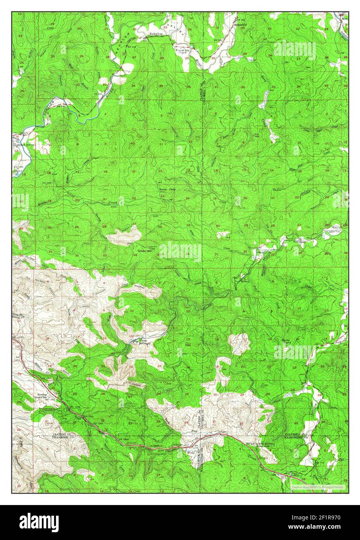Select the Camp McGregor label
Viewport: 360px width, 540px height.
tap(145, 341)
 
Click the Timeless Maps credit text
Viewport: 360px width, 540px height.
tap(320, 486)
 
